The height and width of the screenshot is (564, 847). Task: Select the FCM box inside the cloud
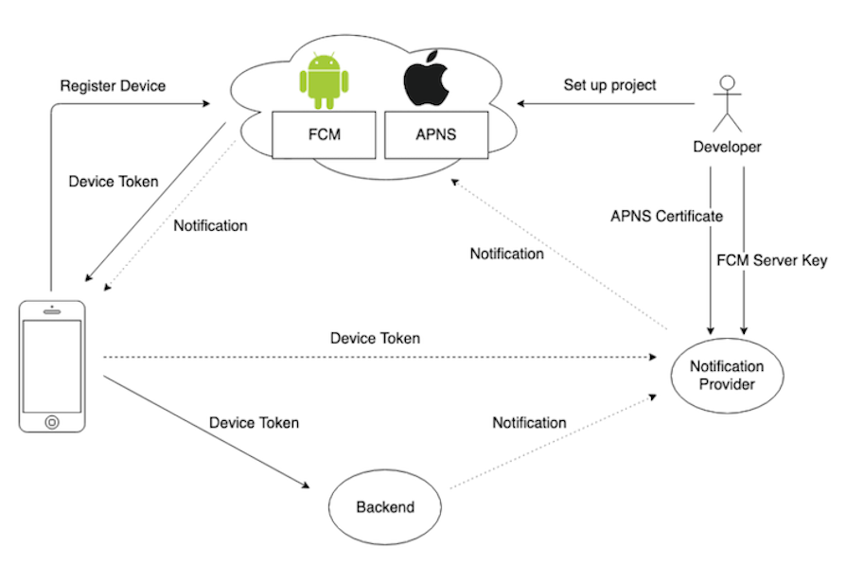click(324, 134)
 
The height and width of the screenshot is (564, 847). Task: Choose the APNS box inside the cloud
click(435, 134)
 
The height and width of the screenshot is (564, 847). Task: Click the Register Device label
click(113, 86)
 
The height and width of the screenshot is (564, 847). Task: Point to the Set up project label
click(609, 84)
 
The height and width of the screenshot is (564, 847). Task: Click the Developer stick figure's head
click(727, 82)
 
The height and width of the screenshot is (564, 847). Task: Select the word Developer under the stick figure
click(727, 147)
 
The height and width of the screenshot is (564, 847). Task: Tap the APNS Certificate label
click(666, 217)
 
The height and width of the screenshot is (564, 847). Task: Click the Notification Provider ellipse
click(727, 376)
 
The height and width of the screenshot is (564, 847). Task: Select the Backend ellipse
click(385, 507)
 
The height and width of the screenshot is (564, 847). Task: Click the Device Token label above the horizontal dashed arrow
click(375, 338)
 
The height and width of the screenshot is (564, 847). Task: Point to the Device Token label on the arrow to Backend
click(254, 423)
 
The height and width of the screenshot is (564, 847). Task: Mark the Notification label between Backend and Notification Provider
click(529, 423)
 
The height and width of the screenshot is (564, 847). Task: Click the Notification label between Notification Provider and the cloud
click(506, 254)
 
